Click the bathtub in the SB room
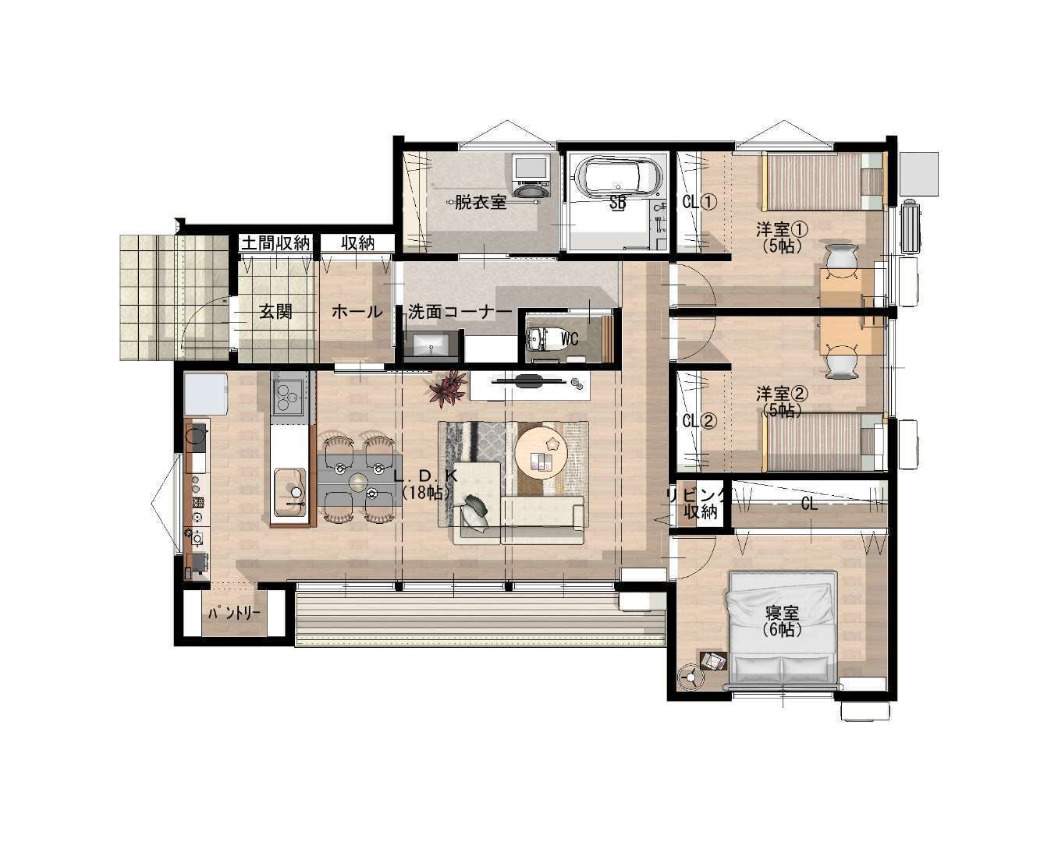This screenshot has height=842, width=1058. tap(619, 177)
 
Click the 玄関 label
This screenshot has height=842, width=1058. tap(275, 311)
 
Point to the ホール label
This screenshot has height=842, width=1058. tap(357, 311)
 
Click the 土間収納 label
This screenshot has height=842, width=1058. tap(275, 242)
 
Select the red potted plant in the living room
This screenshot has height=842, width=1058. tap(447, 388)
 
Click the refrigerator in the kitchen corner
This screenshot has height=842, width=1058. tap(206, 394)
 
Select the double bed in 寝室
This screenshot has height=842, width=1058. tap(783, 630)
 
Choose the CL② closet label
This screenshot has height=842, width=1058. tap(700, 421)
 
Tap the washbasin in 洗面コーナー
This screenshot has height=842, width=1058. tap(431, 345)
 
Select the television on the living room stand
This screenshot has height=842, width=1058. tap(527, 380)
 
